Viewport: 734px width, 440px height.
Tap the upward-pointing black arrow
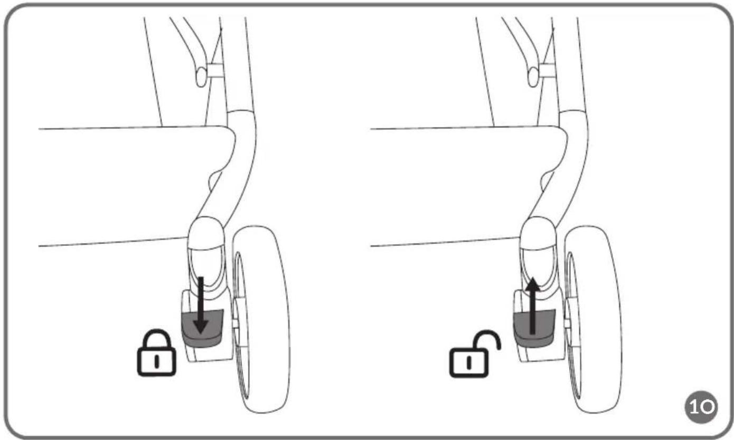533,306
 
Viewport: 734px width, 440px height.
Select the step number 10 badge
701,407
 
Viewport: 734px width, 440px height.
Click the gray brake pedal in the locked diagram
202,328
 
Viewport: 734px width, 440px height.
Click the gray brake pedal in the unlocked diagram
534,328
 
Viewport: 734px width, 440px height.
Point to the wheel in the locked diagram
261,319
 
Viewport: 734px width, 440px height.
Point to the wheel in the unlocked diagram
593,319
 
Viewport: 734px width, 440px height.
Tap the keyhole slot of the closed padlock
157,361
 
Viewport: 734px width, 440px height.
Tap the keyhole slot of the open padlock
469,362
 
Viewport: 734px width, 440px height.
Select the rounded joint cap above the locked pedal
206,233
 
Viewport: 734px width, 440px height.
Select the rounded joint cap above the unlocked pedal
538,233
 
